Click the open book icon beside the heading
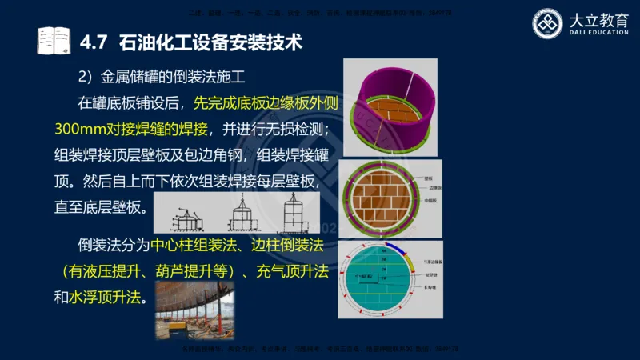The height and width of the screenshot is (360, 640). point(54,40)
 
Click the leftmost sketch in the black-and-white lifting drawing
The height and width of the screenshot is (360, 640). point(189,212)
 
